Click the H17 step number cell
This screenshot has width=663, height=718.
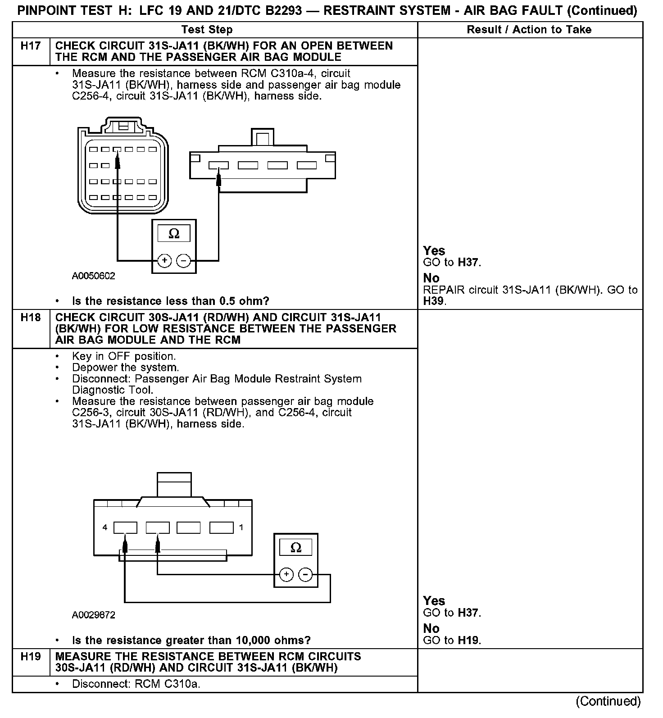click(x=31, y=46)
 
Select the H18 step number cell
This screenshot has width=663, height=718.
click(x=31, y=318)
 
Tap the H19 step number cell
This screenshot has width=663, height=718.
click(x=31, y=656)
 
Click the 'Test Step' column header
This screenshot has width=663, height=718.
click(x=207, y=30)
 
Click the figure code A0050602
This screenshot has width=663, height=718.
click(x=93, y=276)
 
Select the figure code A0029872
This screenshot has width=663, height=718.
click(x=93, y=615)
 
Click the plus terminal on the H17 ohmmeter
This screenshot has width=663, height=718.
click(x=164, y=260)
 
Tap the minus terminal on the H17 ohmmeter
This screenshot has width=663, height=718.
click(x=183, y=260)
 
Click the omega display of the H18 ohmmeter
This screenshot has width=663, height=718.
click(x=296, y=547)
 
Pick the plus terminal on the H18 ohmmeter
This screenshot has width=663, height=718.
click(x=286, y=574)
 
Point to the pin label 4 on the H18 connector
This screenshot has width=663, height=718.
click(x=105, y=527)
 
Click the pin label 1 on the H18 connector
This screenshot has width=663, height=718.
click(x=241, y=527)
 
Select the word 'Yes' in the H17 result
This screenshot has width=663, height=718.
click(x=434, y=251)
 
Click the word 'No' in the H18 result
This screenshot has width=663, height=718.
click(x=431, y=628)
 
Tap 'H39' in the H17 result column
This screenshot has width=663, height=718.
click(x=434, y=301)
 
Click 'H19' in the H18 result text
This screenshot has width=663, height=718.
click(x=468, y=640)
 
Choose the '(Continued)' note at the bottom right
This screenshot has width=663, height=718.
click(x=608, y=701)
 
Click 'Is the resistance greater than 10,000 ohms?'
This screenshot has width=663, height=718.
click(x=191, y=640)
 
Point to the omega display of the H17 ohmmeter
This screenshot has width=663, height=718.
click(x=174, y=233)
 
